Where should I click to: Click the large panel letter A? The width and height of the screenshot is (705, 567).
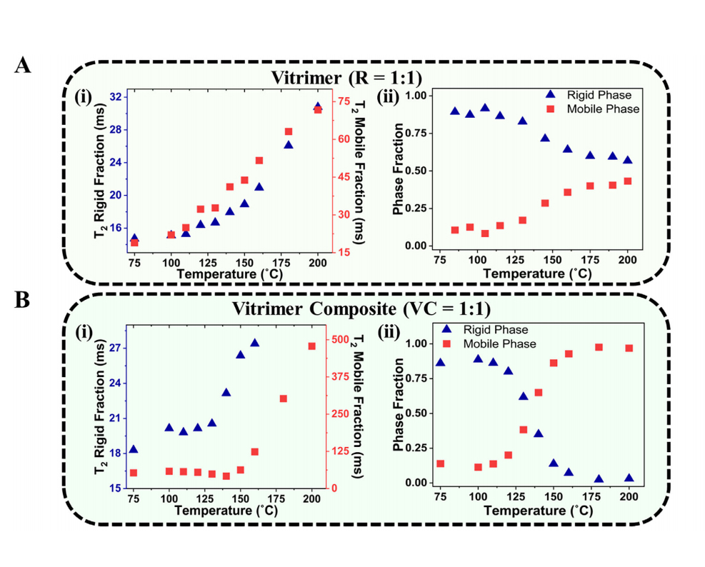23,66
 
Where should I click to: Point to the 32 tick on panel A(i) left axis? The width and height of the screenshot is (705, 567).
115,96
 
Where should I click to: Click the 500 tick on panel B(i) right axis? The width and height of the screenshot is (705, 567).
344,338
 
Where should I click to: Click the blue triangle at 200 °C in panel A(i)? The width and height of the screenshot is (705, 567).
318,106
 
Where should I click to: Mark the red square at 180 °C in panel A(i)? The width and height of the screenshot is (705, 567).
289,131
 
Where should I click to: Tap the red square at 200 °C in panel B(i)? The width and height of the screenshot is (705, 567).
312,346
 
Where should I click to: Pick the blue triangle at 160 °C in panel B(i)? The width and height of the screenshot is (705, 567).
254,343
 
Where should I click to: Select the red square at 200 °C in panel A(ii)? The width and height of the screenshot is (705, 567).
628,181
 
